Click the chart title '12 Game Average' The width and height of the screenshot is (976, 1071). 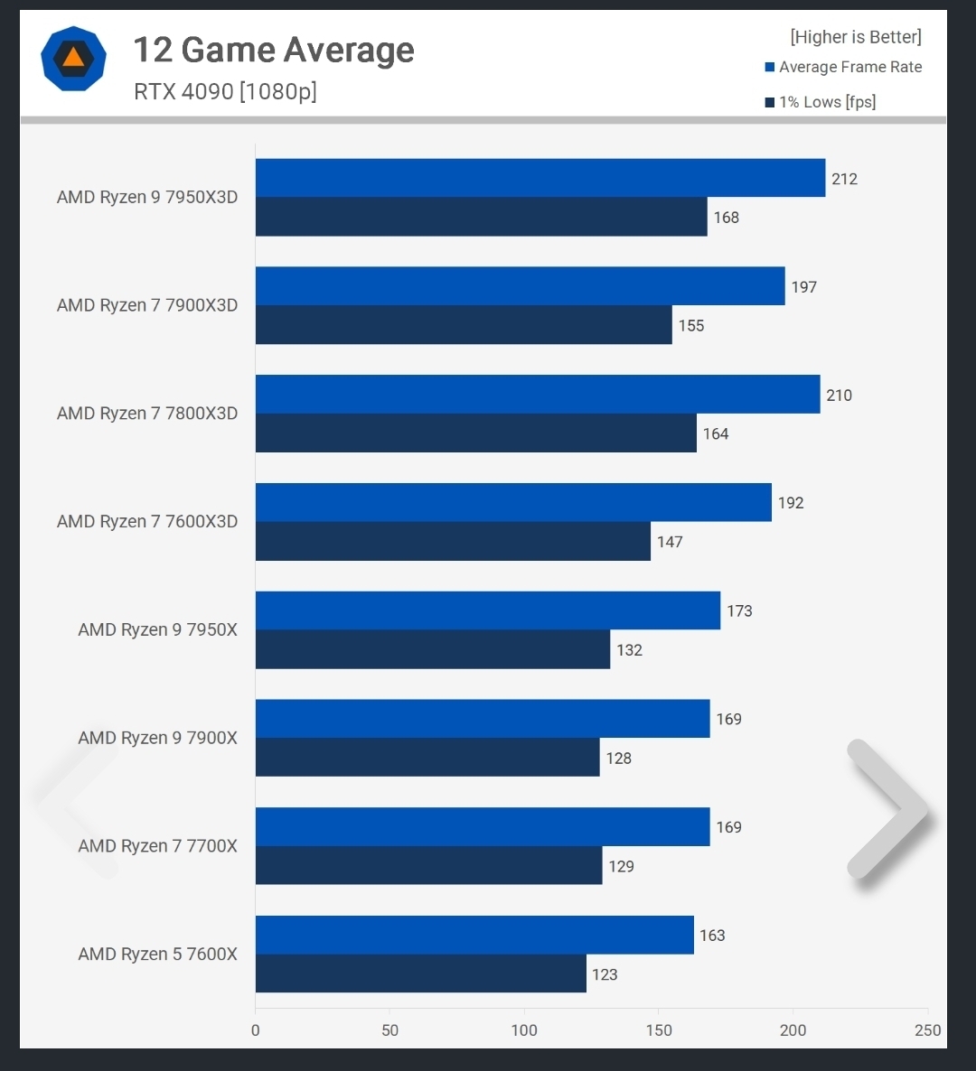(x=274, y=51)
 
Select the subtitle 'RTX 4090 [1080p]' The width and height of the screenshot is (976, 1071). (x=225, y=91)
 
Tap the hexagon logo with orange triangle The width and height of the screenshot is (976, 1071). (x=73, y=59)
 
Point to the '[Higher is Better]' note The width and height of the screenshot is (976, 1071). (x=856, y=37)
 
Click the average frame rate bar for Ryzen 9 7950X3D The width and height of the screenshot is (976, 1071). (x=540, y=178)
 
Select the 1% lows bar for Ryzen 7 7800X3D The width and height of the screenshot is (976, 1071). (x=475, y=433)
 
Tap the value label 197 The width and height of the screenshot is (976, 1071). (x=803, y=287)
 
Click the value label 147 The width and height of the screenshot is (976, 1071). (x=670, y=542)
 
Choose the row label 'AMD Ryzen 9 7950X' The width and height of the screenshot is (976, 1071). (x=157, y=629)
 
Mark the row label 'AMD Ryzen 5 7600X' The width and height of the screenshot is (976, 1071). (x=157, y=954)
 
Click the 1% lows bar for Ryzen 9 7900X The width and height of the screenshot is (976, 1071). (x=427, y=758)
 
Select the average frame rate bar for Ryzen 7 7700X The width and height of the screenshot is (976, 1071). (x=482, y=826)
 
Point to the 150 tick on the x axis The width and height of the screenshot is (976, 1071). (x=659, y=1030)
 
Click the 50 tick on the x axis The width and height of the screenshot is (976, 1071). (x=389, y=1030)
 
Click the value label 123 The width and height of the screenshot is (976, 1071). (x=605, y=974)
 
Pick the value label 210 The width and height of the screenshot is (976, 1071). (x=839, y=396)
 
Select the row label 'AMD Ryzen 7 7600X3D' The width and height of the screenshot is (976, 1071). (x=147, y=521)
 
